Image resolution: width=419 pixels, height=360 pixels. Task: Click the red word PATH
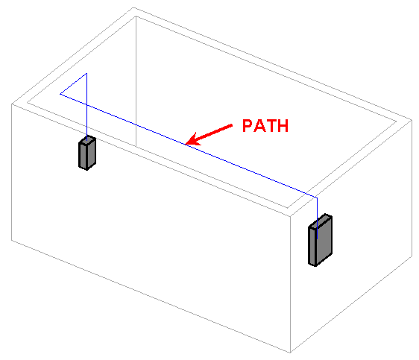tap(265, 125)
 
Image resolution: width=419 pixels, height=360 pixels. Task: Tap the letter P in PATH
tap(248, 125)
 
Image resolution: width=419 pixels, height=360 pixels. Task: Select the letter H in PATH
tap(283, 125)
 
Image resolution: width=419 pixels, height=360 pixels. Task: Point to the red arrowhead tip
tap(186, 144)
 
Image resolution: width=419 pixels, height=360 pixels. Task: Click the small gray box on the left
tap(87, 153)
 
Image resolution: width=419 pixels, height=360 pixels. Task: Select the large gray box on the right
tap(320, 240)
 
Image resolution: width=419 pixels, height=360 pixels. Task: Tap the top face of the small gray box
tap(87, 140)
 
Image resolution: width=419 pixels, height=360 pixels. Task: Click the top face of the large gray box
tap(321, 221)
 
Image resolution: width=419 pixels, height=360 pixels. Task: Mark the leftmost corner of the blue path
tap(60, 94)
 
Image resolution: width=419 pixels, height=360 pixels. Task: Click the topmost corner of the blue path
tap(86, 73)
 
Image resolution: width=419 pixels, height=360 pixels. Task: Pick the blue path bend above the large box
tap(317, 198)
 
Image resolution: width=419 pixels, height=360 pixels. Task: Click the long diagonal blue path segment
tap(189, 146)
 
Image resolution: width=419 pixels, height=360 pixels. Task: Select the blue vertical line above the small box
tap(86, 107)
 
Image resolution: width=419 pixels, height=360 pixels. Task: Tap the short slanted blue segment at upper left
tap(74, 83)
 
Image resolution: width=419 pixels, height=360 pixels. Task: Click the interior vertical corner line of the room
tap(136, 81)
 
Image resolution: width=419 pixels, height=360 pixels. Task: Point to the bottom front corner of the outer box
tap(291, 353)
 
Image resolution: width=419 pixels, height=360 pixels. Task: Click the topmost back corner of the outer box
tap(133, 8)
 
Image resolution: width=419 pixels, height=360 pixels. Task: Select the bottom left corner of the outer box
tap(11, 240)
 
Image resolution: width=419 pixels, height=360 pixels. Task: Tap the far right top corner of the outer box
tap(412, 120)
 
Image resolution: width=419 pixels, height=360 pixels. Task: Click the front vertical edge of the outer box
tap(291, 285)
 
